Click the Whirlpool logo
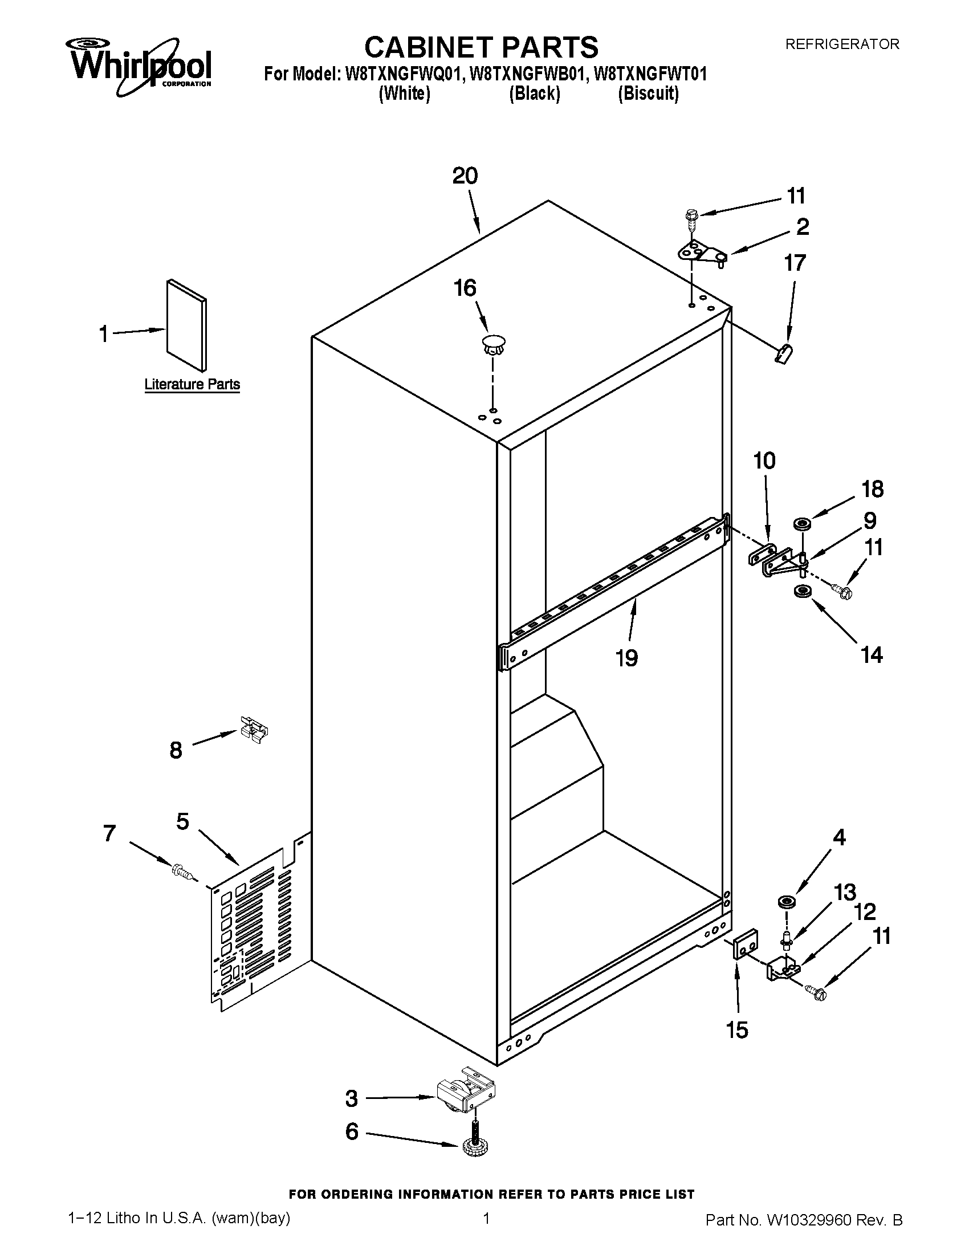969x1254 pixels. (141, 66)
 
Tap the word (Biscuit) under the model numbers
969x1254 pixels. (648, 93)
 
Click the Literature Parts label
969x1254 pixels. (192, 384)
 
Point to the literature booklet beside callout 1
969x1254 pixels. (186, 325)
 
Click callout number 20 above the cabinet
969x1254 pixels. (465, 176)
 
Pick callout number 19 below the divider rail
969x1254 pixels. (626, 658)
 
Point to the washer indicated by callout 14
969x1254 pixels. (800, 592)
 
